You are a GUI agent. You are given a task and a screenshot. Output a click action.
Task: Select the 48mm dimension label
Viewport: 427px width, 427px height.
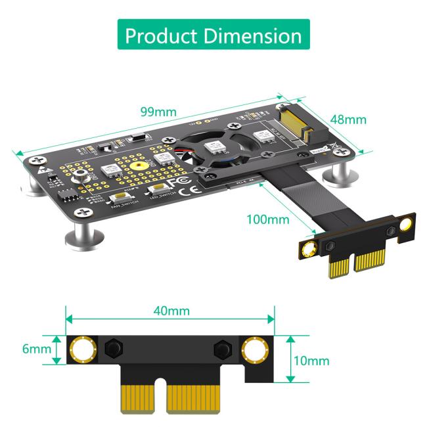(x=348, y=120)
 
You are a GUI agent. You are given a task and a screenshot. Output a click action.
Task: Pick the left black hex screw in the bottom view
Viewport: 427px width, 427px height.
(x=112, y=348)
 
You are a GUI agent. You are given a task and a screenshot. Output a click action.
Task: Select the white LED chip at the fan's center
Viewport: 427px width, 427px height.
(x=212, y=147)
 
